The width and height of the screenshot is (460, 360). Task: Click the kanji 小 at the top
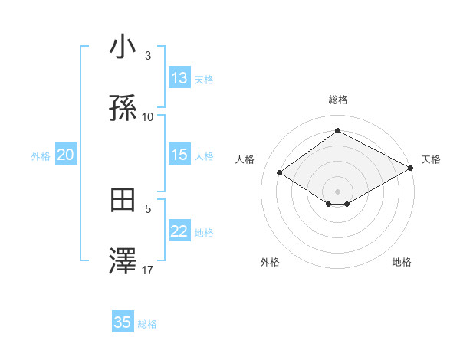[123, 47]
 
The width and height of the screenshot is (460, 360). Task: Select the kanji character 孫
[123, 109]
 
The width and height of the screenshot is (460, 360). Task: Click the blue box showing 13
[179, 78]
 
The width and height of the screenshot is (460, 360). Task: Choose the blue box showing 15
[179, 155]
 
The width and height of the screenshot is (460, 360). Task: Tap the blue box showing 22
[179, 231]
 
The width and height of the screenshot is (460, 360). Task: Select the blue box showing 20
[65, 155]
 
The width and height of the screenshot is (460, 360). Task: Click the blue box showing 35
[123, 322]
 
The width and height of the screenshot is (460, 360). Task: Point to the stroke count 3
[148, 55]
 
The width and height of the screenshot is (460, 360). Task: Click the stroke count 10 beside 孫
[148, 117]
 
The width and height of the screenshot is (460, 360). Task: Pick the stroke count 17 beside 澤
[148, 270]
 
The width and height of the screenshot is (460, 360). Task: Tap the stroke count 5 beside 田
[148, 208]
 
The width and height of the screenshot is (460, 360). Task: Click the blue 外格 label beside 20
[41, 155]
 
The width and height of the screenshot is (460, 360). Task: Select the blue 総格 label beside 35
[147, 324]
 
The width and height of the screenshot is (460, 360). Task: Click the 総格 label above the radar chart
[338, 100]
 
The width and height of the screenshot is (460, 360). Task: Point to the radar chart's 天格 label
[431, 159]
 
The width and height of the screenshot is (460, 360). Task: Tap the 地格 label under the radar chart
[402, 262]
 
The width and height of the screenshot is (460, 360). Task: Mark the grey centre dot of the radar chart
[338, 191]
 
